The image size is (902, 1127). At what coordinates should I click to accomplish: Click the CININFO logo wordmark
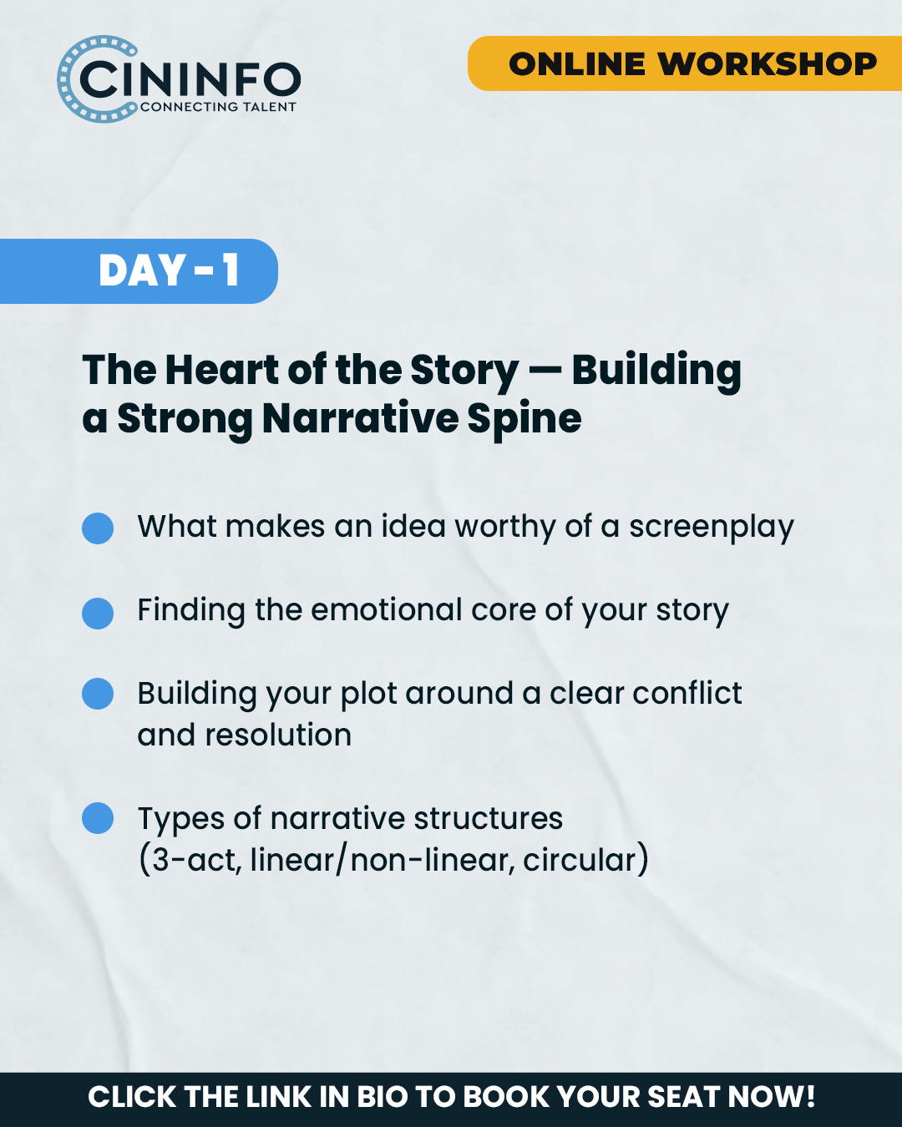coord(190,79)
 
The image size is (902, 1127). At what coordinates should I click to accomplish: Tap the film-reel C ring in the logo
coord(64,78)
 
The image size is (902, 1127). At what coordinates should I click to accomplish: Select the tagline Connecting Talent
coord(218,107)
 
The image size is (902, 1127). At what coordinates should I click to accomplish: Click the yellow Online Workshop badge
coord(685,63)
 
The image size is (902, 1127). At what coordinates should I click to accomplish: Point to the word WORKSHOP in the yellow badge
coord(768,64)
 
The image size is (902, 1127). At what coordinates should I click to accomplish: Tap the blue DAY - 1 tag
coord(139,270)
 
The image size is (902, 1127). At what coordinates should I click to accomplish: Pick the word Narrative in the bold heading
coord(361,419)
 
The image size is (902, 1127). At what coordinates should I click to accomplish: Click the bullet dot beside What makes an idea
coord(98,528)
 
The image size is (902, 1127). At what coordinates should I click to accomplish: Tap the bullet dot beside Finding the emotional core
coord(98,614)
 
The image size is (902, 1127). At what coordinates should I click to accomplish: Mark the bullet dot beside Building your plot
coord(98,694)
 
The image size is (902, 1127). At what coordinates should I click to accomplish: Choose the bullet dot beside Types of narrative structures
coord(98,818)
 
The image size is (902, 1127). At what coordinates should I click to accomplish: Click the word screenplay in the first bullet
coord(712,528)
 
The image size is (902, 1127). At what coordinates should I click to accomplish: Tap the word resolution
coord(278,735)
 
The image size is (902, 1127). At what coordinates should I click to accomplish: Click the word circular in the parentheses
coord(580,860)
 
